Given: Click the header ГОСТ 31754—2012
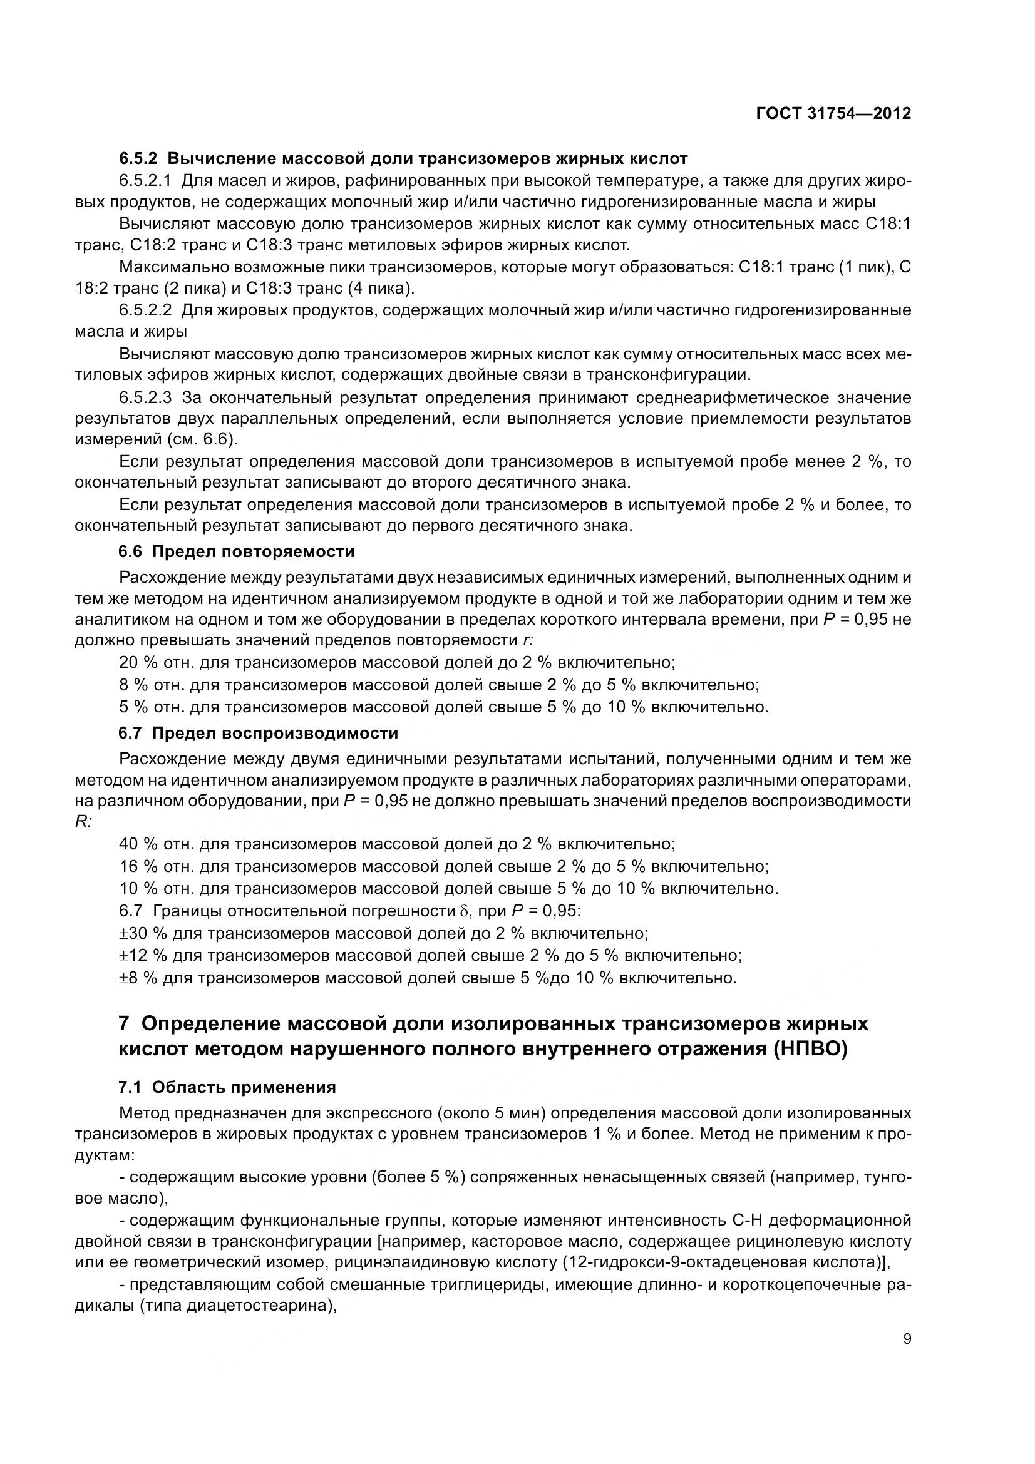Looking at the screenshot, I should [x=833, y=113].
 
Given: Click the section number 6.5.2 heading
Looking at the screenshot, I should [x=137, y=158].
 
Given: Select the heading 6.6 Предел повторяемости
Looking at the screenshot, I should [x=236, y=551].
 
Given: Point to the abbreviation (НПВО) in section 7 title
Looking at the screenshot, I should [x=810, y=1049].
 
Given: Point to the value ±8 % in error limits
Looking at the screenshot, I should [x=138, y=978].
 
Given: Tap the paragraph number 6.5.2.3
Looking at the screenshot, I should [x=145, y=398].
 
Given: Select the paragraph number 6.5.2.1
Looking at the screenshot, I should [x=145, y=180].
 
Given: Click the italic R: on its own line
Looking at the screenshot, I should [x=83, y=821].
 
